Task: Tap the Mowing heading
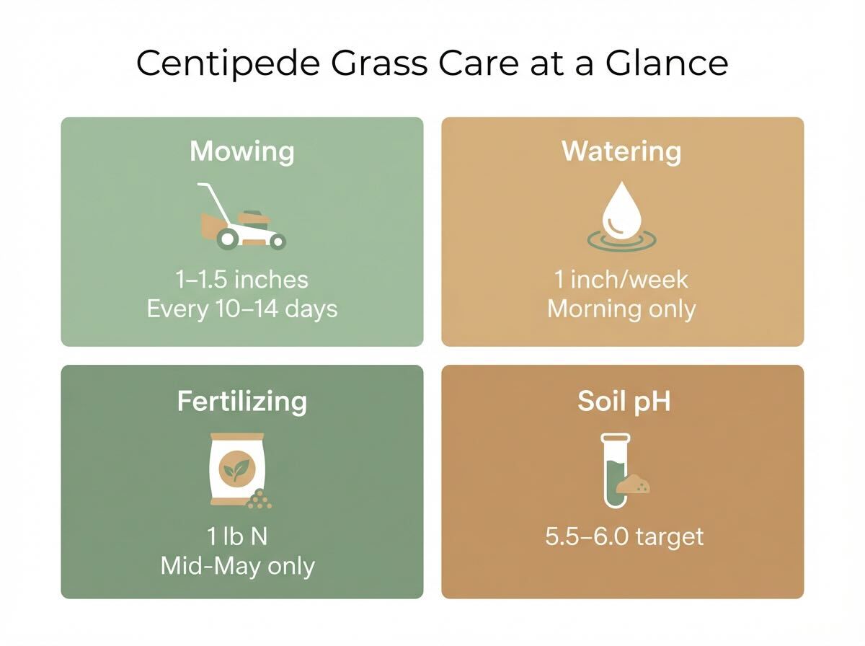[x=242, y=152]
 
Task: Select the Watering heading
[x=621, y=151]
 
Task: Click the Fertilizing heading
[x=242, y=401]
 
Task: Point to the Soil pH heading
[x=624, y=401]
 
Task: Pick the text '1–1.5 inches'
[x=242, y=279]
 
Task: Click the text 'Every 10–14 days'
[x=242, y=309]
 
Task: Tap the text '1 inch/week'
[x=621, y=279]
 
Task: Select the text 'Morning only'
[x=621, y=309]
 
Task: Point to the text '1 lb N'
[x=237, y=536]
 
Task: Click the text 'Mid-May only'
[x=238, y=566]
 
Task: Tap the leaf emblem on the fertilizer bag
[x=234, y=470]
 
